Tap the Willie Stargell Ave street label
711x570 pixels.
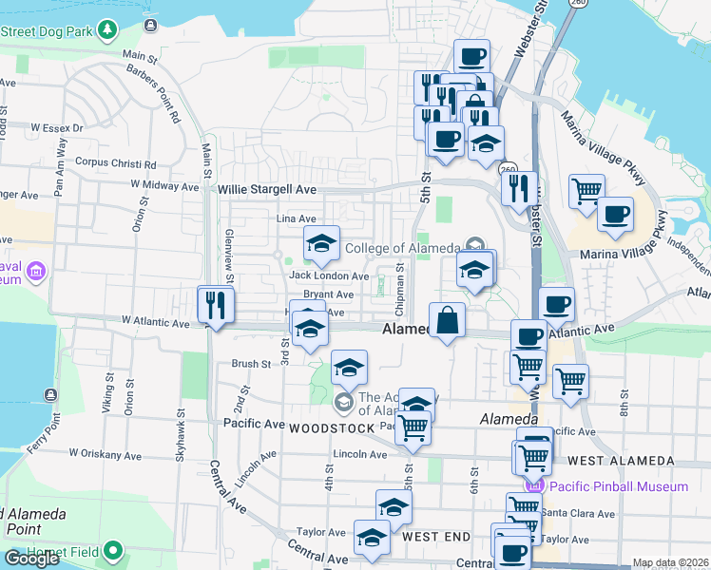(267, 190)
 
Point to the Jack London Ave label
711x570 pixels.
(329, 276)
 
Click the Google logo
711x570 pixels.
(32, 559)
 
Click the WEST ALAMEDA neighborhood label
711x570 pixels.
(621, 461)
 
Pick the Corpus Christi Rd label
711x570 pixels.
(116, 162)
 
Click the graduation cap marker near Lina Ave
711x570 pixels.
(321, 245)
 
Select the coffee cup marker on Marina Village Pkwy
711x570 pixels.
(615, 214)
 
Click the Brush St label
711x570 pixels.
(251, 364)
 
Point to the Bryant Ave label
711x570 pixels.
(329, 294)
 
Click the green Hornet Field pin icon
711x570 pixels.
(113, 550)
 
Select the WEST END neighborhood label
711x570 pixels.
(435, 537)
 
